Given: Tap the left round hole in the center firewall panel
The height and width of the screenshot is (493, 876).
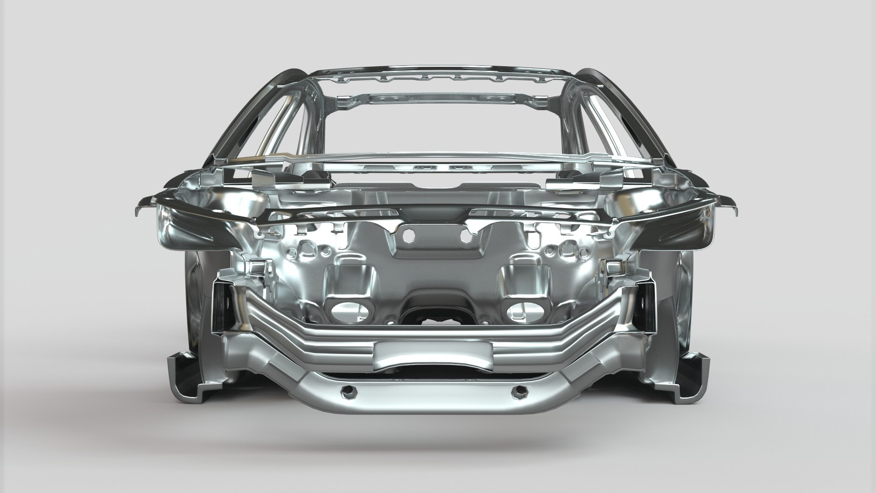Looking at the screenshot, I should pyautogui.click(x=409, y=235).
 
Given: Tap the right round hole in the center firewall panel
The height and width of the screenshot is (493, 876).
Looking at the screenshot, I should pyautogui.click(x=466, y=235).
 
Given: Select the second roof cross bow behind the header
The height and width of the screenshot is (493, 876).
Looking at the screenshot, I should pyautogui.click(x=438, y=99).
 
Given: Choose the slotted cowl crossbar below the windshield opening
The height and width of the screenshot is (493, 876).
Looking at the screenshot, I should pyautogui.click(x=438, y=168).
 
